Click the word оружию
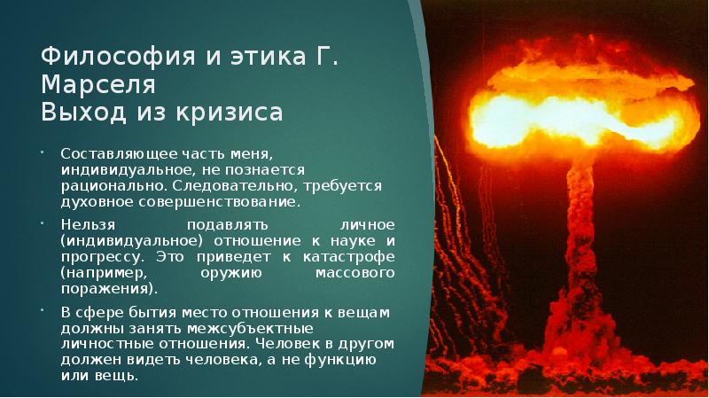coord(234,272)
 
